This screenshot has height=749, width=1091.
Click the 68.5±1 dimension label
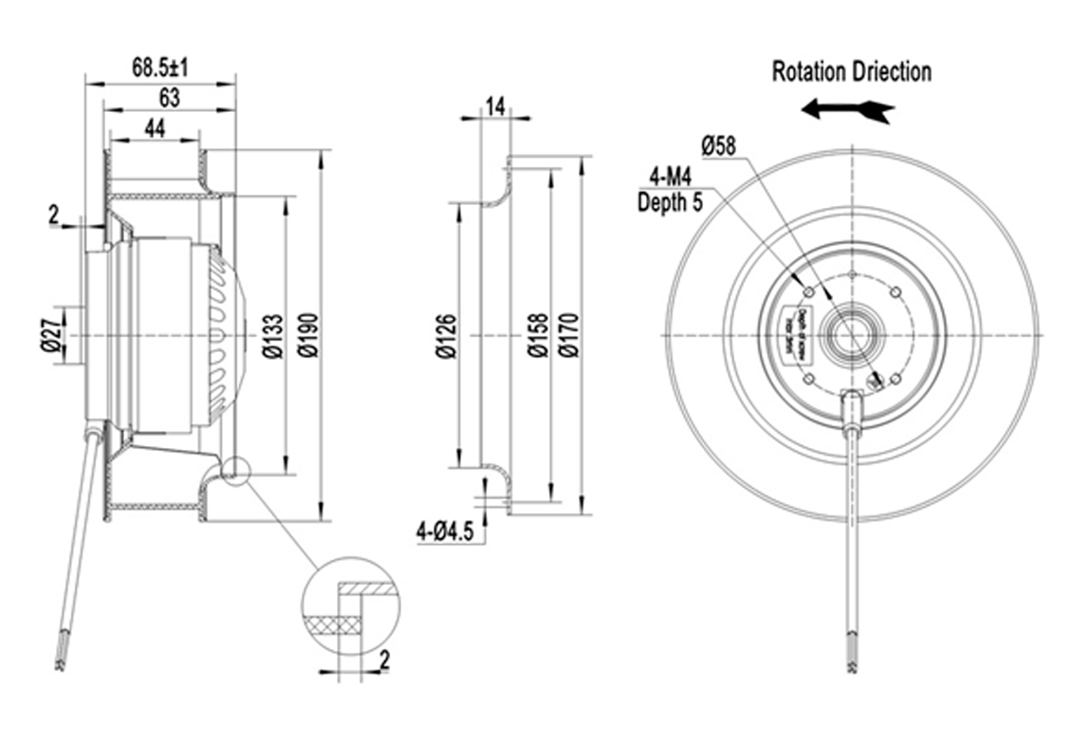[160, 67]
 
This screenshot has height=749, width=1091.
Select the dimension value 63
[169, 97]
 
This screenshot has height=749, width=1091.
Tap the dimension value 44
[155, 128]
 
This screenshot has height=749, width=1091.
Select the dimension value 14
[494, 105]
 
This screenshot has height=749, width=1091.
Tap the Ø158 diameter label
[538, 337]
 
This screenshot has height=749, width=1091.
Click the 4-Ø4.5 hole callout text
[444, 533]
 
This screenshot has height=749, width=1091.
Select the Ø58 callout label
[718, 145]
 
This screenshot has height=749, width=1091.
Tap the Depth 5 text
[670, 201]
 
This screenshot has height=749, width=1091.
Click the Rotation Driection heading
[851, 71]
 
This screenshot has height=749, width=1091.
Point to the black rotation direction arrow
[847, 109]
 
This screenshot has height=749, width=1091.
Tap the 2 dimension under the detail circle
[384, 660]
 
